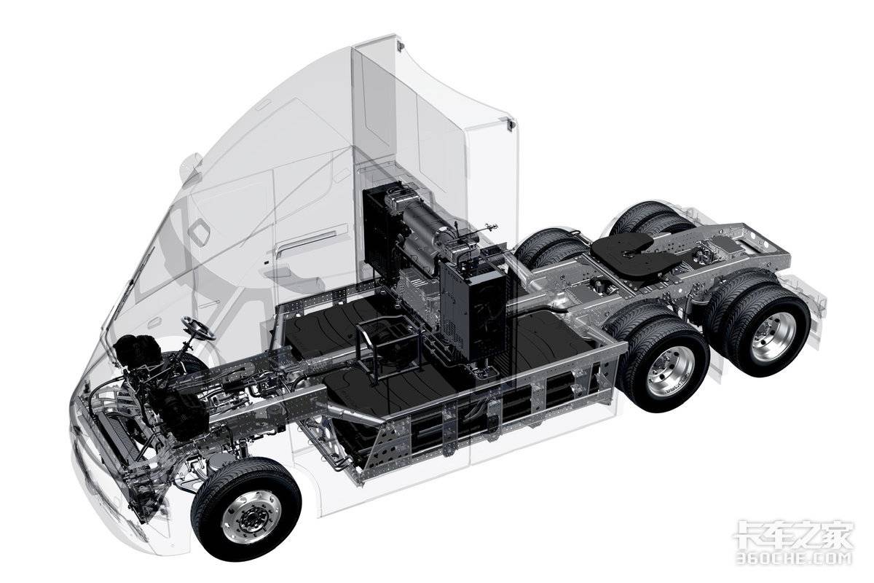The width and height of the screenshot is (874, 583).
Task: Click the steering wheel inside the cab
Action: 199,328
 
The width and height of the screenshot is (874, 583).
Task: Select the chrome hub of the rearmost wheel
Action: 773,336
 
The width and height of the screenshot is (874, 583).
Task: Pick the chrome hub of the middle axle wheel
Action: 670,371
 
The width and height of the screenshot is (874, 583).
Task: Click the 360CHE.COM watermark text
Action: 793,557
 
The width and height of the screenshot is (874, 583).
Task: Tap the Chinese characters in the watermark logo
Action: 794,534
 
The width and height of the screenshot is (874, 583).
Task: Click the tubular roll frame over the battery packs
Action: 388,345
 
